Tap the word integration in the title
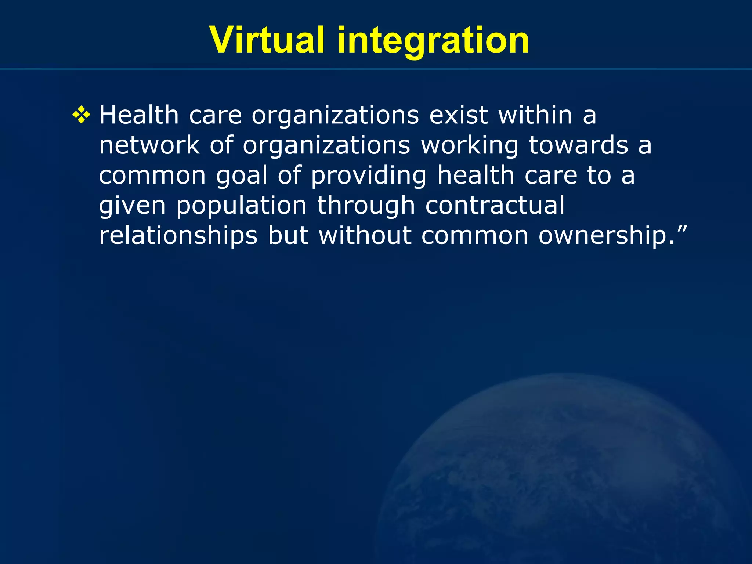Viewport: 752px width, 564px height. [433, 41]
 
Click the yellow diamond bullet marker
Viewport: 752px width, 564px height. [81, 116]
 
